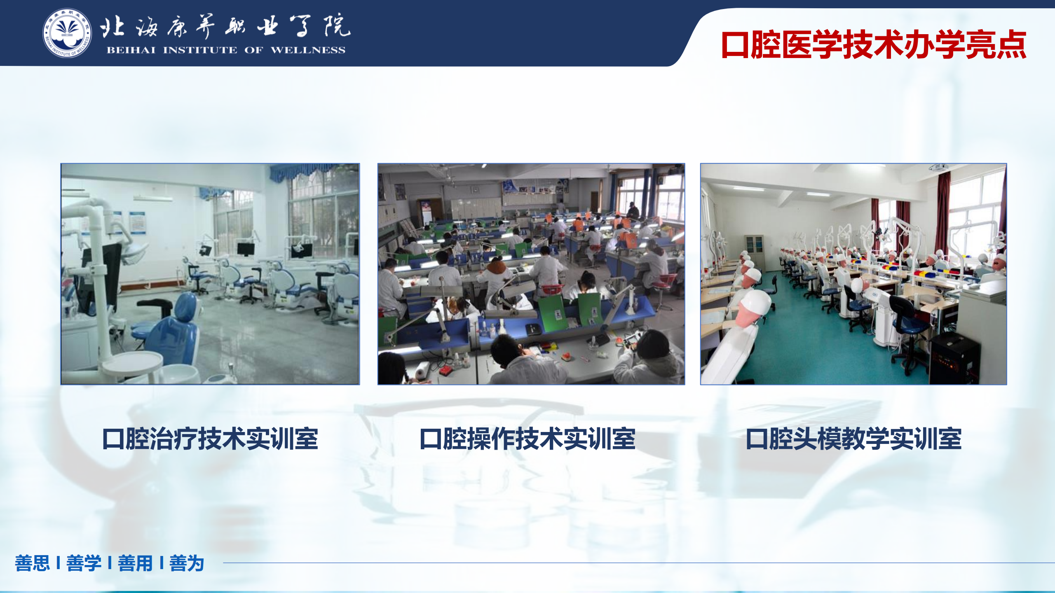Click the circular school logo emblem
coord(67,33)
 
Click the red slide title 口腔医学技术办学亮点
coord(874,44)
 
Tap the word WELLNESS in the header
coord(308,50)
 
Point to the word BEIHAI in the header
coord(131,50)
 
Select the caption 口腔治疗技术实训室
coord(210,439)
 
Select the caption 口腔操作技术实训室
coord(527,439)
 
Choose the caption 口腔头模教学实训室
coord(853,439)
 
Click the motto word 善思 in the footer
coord(32,563)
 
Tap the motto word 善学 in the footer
coord(84,563)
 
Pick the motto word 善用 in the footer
coord(135,563)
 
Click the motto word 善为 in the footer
coord(187,563)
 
